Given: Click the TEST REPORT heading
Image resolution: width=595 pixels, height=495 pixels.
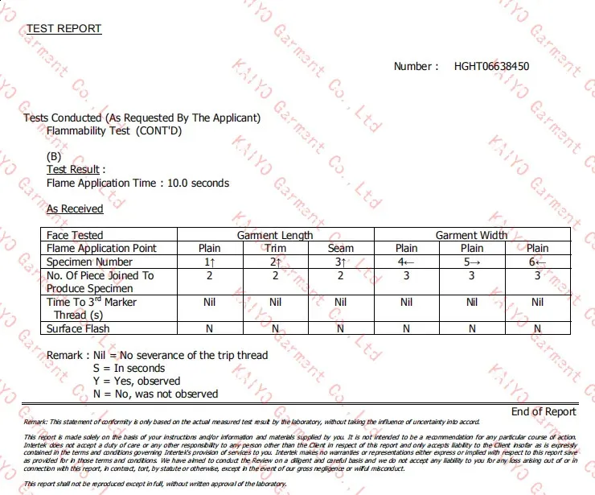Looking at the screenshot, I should (x=64, y=29).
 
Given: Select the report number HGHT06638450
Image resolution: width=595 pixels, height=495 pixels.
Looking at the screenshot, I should (x=491, y=66).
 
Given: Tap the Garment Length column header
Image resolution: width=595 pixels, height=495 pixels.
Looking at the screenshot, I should (x=275, y=235).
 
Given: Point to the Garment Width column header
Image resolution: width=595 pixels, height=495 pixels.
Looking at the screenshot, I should (x=471, y=235).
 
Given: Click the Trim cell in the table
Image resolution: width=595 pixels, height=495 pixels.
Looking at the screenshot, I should (x=275, y=249).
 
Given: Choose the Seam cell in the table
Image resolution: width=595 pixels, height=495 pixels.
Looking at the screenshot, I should (x=341, y=249).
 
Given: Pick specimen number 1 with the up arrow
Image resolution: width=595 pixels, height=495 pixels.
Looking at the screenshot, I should (x=210, y=262).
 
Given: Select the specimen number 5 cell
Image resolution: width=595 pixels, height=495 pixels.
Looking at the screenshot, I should (x=472, y=262).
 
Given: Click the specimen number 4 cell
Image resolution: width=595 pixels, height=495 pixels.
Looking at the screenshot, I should (x=406, y=262).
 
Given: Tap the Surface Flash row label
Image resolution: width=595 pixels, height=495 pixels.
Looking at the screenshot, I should (x=78, y=328).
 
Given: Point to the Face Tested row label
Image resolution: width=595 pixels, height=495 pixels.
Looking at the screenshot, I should (x=75, y=235).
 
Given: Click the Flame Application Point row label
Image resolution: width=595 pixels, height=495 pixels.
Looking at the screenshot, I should (x=101, y=249).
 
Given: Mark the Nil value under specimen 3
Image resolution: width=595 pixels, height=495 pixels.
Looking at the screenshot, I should (x=341, y=302).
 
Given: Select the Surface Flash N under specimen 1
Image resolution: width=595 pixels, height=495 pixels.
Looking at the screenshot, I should (x=210, y=328).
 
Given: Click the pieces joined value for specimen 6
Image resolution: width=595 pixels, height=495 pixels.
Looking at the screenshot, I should (x=537, y=275).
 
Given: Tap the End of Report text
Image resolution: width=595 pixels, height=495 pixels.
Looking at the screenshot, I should (x=544, y=411).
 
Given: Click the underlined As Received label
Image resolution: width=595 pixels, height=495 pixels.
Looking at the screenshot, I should (x=75, y=208).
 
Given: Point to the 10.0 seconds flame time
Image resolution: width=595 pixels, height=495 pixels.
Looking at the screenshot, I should (x=198, y=183).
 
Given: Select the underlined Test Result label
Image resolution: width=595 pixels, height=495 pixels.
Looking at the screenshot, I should (x=73, y=170).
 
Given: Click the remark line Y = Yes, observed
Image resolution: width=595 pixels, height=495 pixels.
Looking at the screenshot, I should (x=137, y=381).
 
